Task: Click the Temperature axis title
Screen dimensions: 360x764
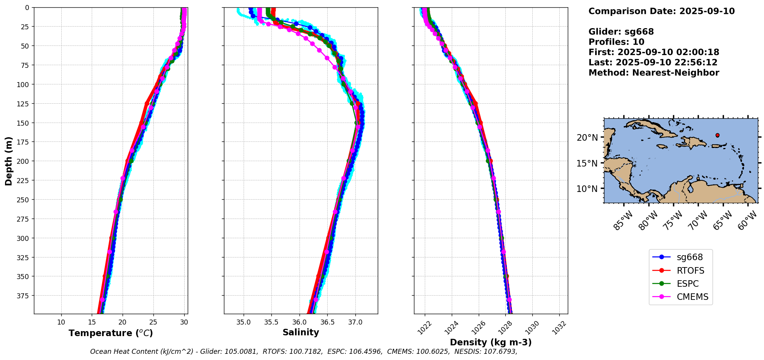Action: (111, 333)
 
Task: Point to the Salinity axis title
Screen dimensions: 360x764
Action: (301, 332)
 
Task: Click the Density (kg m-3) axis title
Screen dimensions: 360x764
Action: (491, 342)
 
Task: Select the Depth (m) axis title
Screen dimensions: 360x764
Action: (8, 161)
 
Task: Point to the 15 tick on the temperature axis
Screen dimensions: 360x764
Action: (92, 322)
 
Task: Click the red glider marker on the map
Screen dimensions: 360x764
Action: (717, 135)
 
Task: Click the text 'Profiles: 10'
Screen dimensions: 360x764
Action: (616, 42)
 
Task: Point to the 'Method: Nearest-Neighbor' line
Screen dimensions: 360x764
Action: (654, 73)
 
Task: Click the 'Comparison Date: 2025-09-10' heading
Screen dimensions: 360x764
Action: (661, 11)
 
